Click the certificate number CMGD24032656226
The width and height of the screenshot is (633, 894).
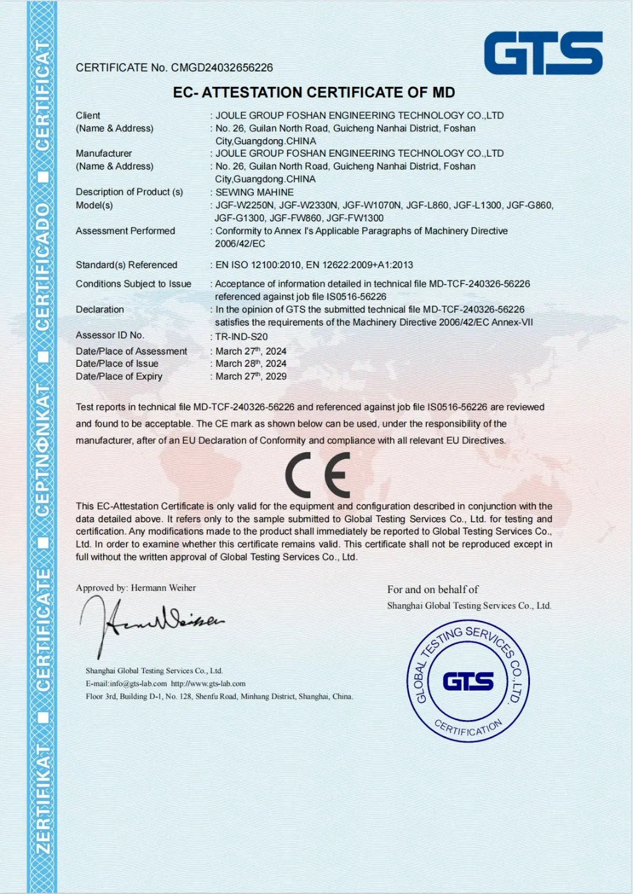click(221, 68)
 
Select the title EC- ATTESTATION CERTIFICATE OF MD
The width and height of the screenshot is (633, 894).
click(314, 92)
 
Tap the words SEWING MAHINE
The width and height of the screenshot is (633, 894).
click(254, 192)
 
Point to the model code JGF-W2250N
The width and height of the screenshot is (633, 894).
click(244, 205)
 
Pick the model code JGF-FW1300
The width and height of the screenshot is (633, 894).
click(355, 218)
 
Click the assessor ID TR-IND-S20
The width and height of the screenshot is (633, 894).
click(241, 337)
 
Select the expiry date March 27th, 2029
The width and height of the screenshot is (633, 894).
click(250, 376)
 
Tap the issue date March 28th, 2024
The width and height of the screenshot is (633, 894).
click(250, 364)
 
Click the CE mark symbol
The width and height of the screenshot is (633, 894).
click(318, 475)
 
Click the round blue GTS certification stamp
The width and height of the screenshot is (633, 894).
click(468, 681)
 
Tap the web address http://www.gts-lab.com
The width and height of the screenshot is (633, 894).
click(208, 684)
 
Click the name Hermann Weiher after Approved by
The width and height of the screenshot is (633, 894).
click(163, 588)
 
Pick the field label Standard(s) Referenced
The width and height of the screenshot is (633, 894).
click(126, 265)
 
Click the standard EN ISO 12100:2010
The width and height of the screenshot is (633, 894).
click(258, 265)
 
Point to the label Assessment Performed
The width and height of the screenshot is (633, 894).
click(125, 231)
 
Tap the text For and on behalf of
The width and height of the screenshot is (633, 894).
click(432, 589)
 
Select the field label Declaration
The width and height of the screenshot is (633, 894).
click(100, 310)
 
